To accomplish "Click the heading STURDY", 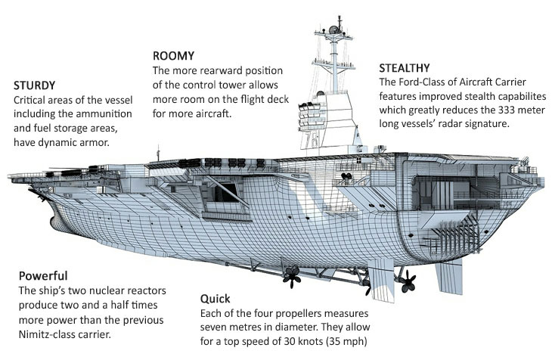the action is (35, 85).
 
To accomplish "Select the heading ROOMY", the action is (174, 56).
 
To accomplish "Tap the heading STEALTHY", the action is (405, 67).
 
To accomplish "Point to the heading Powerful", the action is (43, 275).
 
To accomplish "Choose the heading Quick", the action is (215, 299).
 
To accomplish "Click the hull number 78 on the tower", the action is (312, 140).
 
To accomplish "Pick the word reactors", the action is (145, 290).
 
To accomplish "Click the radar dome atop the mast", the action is (333, 29).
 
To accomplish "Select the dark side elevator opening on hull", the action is (225, 193).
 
